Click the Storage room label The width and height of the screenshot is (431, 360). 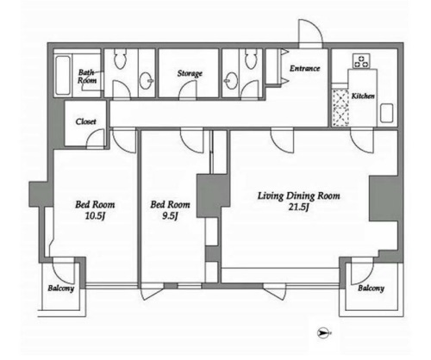point(190,73)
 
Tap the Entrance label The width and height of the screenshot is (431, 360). point(305,68)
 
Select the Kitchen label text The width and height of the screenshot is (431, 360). point(363,96)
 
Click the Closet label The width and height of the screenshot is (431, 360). point(85,121)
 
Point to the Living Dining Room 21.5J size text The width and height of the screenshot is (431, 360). point(299,208)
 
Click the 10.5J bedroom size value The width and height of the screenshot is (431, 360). point(95,216)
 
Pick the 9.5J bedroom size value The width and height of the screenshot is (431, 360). point(170,216)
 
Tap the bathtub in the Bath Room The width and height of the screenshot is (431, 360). point(63,75)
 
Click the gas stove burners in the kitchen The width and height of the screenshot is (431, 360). point(361,61)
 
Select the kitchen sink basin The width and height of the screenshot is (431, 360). point(386,113)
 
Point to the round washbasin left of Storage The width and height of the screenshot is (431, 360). point(146,80)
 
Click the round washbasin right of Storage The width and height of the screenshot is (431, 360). point(231,80)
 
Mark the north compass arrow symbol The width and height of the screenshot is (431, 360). point(324,333)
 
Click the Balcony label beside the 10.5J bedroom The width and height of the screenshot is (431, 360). point(61,289)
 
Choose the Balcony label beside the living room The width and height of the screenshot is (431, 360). point(371,289)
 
